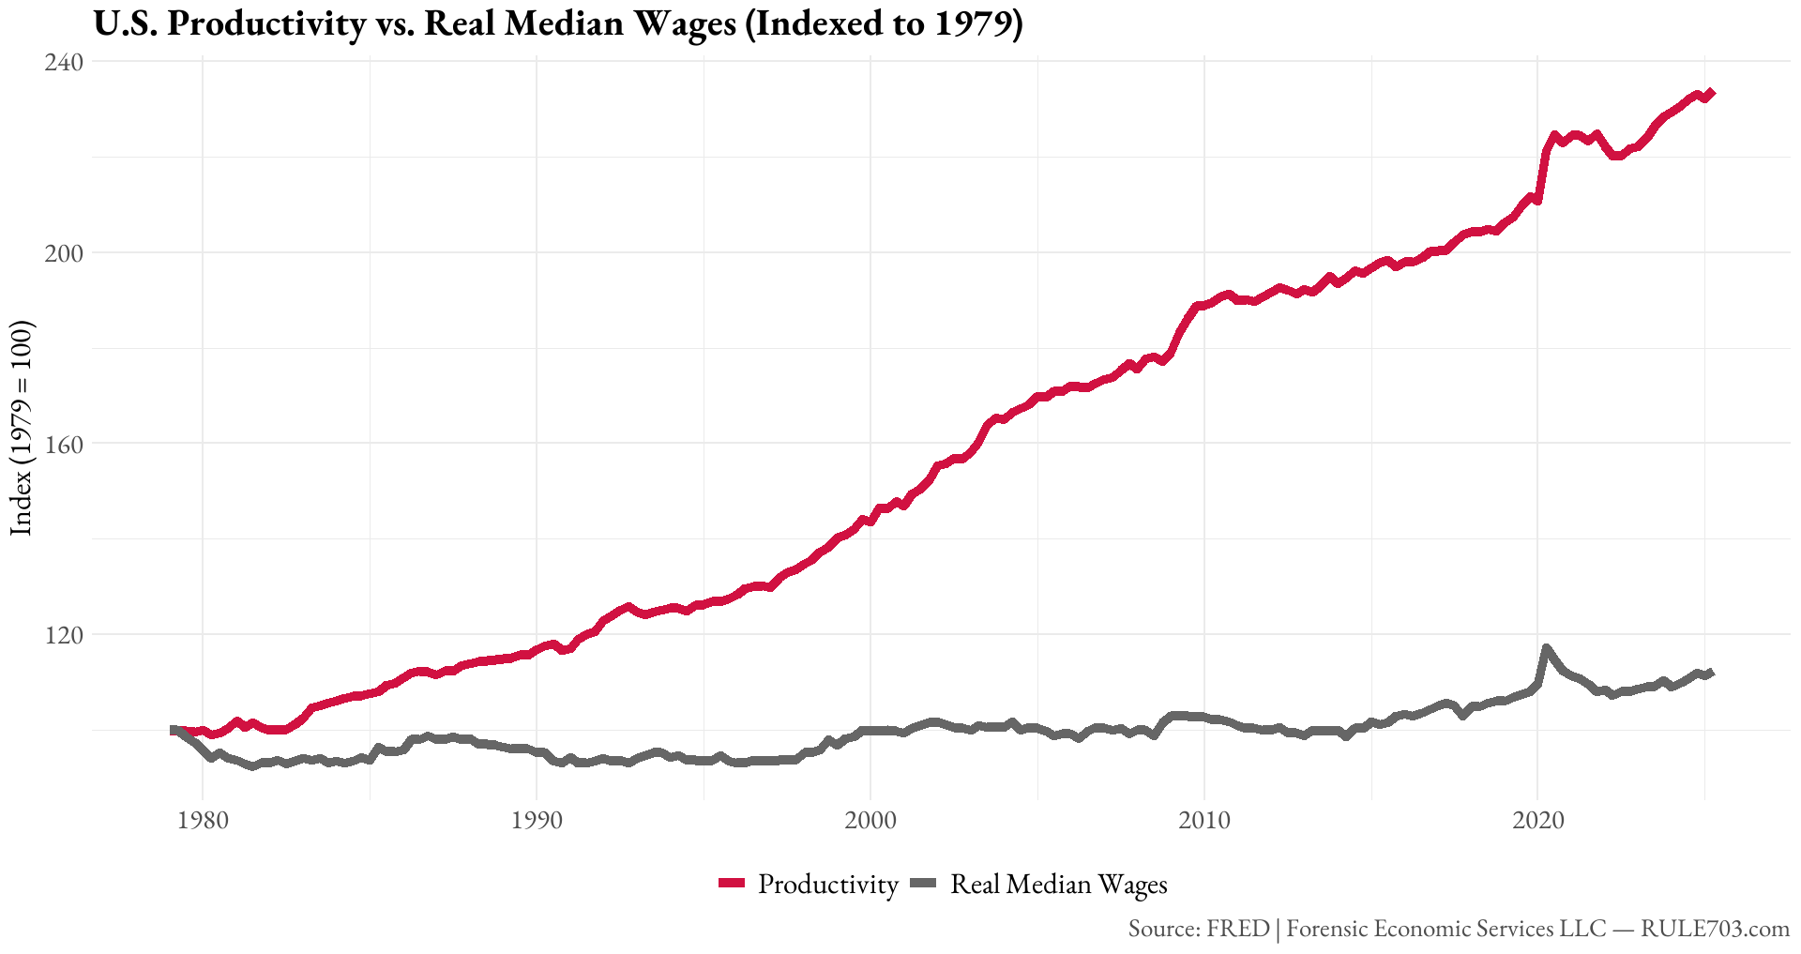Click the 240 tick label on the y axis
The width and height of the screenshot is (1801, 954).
click(x=65, y=62)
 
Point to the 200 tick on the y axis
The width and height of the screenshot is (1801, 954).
click(x=65, y=253)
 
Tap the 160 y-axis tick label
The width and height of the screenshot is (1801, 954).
click(x=65, y=444)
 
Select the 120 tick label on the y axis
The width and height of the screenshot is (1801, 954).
click(x=65, y=635)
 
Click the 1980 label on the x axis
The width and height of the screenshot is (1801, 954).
click(x=203, y=822)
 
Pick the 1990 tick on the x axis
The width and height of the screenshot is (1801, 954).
click(x=537, y=822)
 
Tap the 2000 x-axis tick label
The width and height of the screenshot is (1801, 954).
click(x=870, y=822)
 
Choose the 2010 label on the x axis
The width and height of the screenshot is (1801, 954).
click(x=1204, y=822)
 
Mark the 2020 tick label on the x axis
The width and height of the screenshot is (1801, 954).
click(x=1538, y=822)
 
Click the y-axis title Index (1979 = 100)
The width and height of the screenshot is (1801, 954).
click(x=22, y=428)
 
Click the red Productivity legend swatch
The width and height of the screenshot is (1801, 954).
click(x=732, y=884)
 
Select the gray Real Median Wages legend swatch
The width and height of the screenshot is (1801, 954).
click(x=924, y=884)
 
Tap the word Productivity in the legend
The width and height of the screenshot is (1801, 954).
click(x=828, y=884)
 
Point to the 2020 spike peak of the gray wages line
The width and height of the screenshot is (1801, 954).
click(x=1546, y=647)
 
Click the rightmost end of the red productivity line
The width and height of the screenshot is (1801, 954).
click(x=1712, y=93)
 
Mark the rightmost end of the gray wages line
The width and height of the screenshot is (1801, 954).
click(x=1712, y=673)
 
